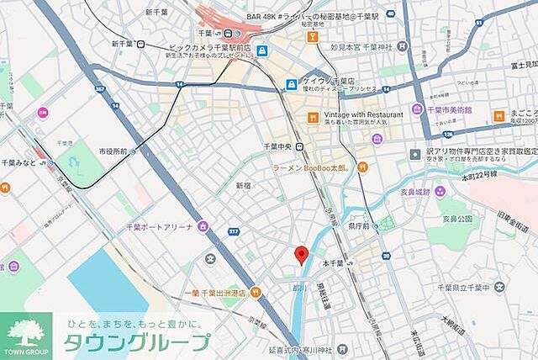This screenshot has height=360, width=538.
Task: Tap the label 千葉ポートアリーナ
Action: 157,226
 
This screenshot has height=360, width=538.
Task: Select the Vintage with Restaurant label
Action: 359,114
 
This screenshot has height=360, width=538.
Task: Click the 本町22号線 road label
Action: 479,174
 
